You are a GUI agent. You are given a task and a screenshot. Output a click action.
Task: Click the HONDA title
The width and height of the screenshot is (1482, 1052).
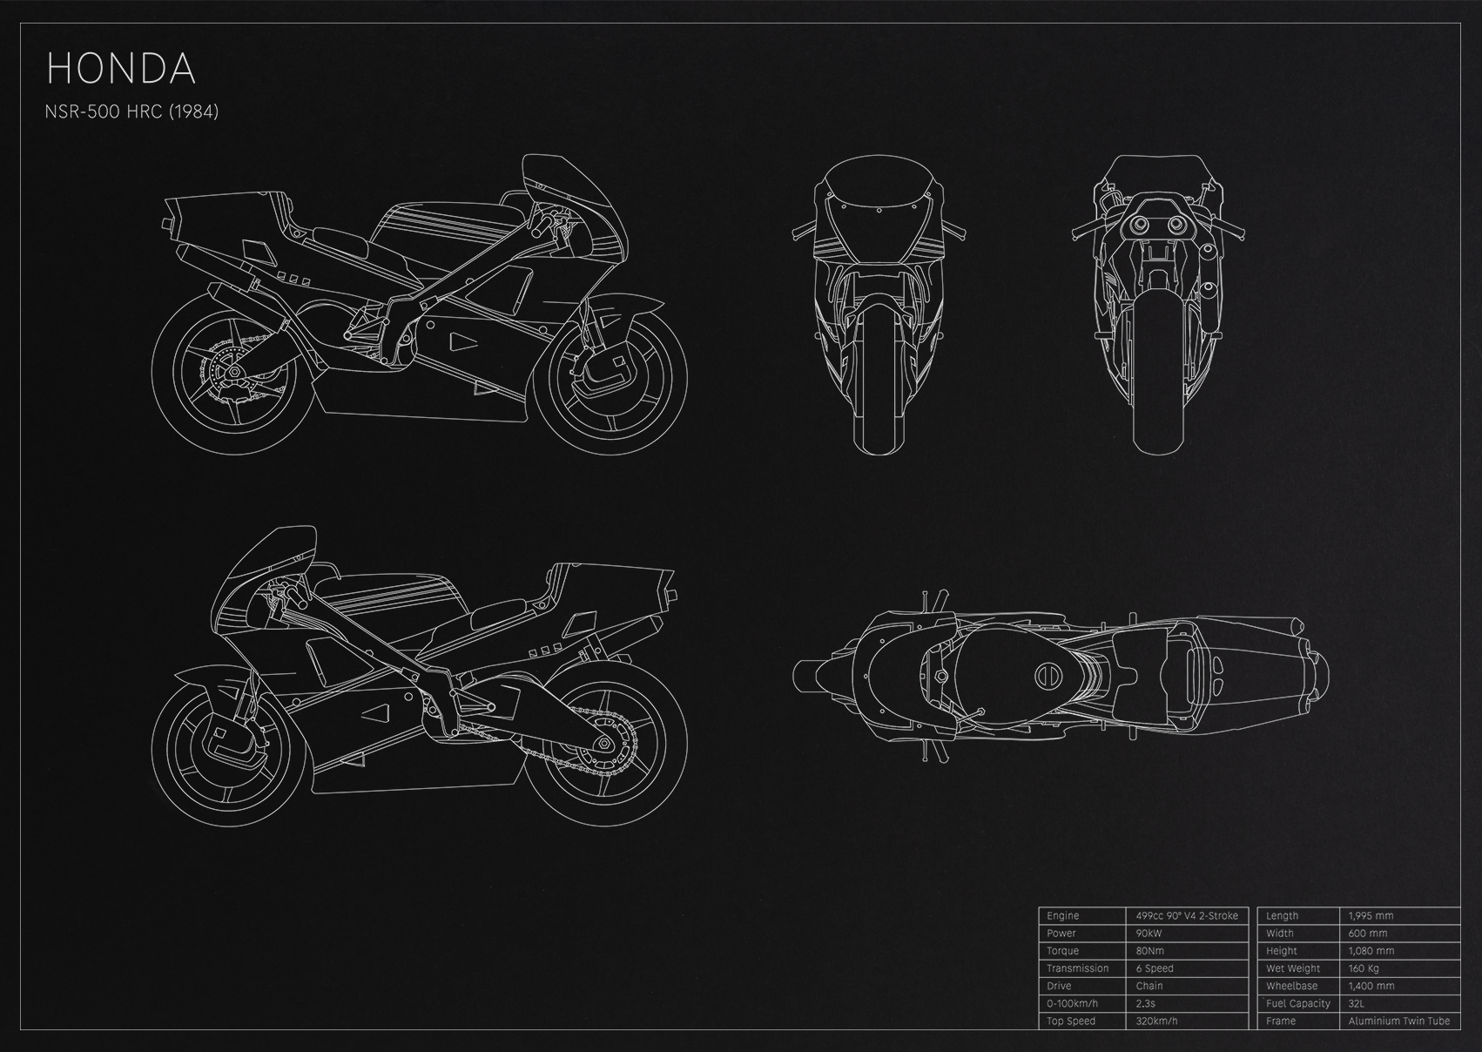pyautogui.click(x=121, y=69)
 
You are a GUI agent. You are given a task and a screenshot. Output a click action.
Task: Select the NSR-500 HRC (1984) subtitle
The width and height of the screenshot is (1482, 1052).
pyautogui.click(x=131, y=111)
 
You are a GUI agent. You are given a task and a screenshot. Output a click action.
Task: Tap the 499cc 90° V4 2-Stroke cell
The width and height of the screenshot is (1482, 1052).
pyautogui.click(x=1186, y=915)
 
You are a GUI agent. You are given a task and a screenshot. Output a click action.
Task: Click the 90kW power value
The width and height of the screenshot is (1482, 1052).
pyautogui.click(x=1149, y=934)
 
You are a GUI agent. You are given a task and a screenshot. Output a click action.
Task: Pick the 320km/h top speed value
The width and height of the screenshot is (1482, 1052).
pyautogui.click(x=1156, y=1021)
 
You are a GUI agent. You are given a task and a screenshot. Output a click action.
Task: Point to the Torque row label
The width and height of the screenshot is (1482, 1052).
pyautogui.click(x=1062, y=951)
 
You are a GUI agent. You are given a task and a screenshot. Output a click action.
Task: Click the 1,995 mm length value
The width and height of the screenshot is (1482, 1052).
pyautogui.click(x=1371, y=915)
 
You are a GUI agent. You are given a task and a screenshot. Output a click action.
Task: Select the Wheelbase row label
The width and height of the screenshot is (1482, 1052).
pyautogui.click(x=1292, y=986)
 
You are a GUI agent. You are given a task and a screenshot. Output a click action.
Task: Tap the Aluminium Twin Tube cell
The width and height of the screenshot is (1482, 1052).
pyautogui.click(x=1398, y=1021)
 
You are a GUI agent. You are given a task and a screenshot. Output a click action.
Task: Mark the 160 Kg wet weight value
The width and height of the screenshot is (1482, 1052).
pyautogui.click(x=1364, y=968)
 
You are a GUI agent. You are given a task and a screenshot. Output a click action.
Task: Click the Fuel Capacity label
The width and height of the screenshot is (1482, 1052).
pyautogui.click(x=1298, y=1003)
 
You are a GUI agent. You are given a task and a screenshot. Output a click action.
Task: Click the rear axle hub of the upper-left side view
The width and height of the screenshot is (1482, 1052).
pyautogui.click(x=232, y=374)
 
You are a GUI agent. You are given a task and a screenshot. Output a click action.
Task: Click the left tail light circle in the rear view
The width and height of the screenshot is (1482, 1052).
pyautogui.click(x=1139, y=225)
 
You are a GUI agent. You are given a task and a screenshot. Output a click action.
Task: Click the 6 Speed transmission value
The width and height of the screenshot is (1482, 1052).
pyautogui.click(x=1155, y=968)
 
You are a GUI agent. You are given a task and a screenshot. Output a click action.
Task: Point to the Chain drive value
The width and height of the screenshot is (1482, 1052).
pyautogui.click(x=1149, y=986)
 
